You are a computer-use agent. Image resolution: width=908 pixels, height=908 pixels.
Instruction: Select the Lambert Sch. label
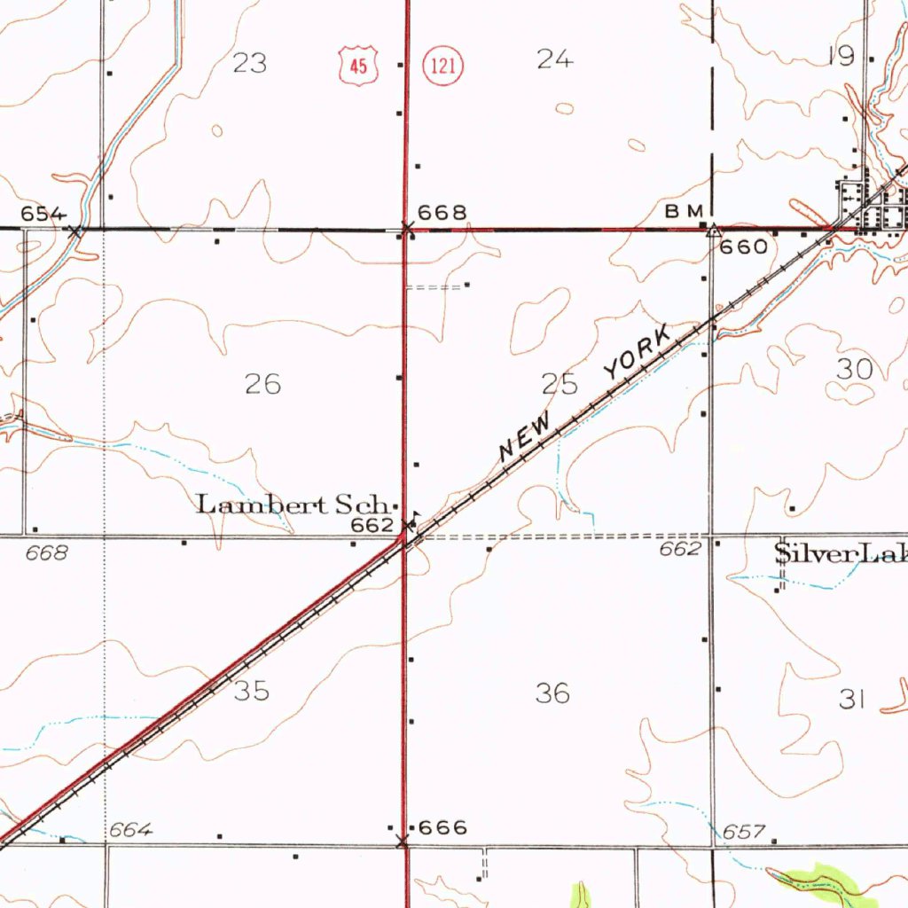click(292, 505)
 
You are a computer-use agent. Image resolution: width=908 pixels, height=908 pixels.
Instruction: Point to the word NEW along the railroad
click(528, 436)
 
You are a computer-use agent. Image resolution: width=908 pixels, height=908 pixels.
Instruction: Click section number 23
click(250, 63)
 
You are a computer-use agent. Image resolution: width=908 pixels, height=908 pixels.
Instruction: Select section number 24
click(555, 59)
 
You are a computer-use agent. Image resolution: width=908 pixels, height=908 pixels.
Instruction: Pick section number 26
click(263, 384)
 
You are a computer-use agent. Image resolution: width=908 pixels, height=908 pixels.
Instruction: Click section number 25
click(560, 384)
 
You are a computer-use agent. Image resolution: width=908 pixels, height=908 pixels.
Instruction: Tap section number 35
click(252, 691)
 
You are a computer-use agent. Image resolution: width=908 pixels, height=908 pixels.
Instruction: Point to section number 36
click(552, 693)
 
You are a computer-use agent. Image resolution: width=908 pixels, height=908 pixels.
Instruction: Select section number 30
click(855, 369)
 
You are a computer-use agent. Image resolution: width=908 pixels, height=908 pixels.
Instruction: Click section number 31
click(851, 700)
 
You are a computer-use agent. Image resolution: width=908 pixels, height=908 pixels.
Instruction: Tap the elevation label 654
click(43, 214)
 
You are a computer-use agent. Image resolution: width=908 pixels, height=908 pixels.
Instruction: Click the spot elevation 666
click(442, 828)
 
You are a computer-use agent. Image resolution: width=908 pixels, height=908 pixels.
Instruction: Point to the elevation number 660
click(743, 247)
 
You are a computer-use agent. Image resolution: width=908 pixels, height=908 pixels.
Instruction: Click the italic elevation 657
click(743, 832)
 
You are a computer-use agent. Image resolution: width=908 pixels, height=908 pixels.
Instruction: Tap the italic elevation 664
click(131, 830)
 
